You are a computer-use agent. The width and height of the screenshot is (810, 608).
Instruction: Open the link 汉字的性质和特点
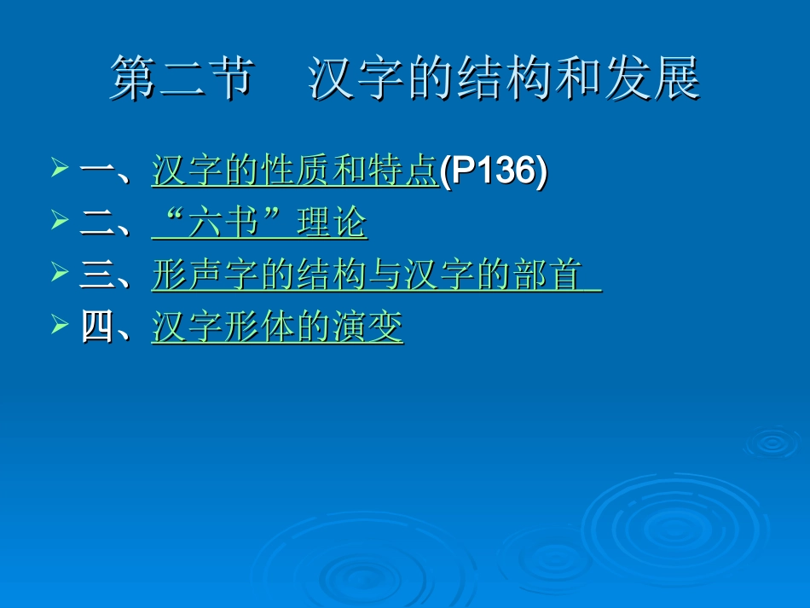[x=294, y=171]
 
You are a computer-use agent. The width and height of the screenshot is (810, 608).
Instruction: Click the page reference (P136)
[x=493, y=171]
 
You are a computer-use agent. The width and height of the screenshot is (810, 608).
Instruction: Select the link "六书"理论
[x=259, y=223]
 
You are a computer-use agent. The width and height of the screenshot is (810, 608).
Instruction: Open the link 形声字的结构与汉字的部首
[x=375, y=275]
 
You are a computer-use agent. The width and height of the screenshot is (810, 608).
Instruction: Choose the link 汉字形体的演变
[x=277, y=327]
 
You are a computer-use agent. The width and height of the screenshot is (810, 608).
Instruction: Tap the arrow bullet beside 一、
[x=59, y=170]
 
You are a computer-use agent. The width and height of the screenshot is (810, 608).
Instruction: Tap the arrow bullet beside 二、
[x=59, y=222]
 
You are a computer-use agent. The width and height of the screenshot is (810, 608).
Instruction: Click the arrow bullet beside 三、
[x=59, y=274]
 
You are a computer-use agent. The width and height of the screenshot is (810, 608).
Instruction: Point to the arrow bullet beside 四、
[x=59, y=326]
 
